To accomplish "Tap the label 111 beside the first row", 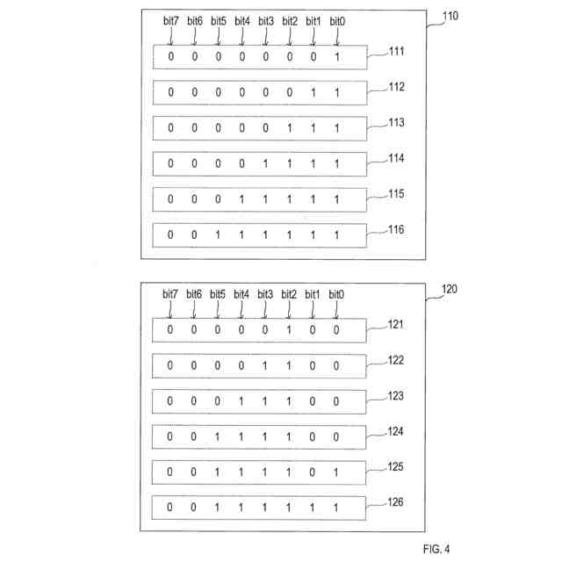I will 396,52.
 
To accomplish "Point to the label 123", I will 396,396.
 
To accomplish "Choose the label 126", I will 396,503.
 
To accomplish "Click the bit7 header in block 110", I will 171,20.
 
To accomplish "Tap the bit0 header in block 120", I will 336,294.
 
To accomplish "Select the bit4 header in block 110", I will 242,20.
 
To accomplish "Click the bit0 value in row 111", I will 336,57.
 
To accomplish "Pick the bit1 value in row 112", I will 313,92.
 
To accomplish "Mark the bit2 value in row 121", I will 289,330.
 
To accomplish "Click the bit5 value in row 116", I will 219,235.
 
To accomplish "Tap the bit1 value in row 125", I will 313,472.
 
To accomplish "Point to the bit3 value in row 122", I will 265,365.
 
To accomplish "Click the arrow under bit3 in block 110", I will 266,38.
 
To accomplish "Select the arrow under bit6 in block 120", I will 195,311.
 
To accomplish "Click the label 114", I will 396,158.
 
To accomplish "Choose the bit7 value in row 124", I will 171,436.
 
